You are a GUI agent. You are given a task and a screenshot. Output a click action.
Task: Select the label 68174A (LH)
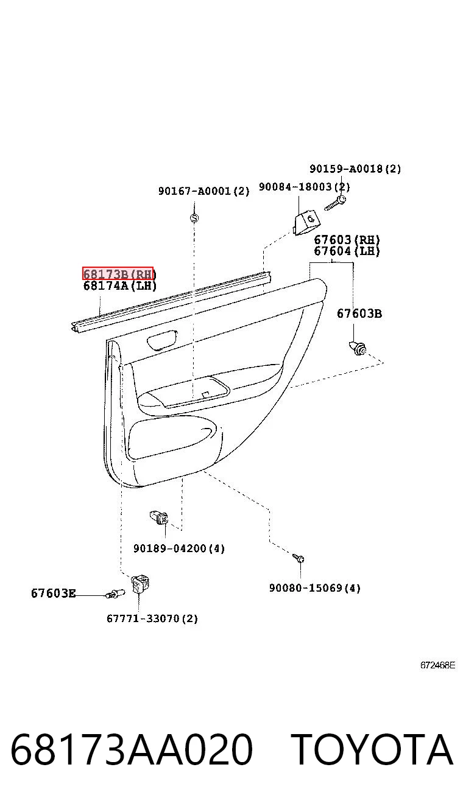(x=120, y=285)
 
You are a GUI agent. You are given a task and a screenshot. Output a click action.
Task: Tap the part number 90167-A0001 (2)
(x=204, y=191)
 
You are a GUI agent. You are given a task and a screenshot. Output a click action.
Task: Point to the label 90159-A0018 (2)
(x=355, y=169)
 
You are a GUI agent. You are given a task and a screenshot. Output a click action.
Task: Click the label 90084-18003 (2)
(x=305, y=187)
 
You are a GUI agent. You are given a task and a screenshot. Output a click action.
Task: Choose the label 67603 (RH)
(x=347, y=240)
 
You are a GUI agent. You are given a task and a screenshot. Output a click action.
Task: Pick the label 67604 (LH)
(x=347, y=251)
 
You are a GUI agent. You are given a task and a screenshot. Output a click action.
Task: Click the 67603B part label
(x=359, y=313)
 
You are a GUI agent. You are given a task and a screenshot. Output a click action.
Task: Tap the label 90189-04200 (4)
(x=179, y=548)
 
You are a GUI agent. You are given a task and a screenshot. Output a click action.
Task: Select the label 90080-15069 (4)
(x=315, y=587)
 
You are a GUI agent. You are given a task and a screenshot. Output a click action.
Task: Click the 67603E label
(x=54, y=593)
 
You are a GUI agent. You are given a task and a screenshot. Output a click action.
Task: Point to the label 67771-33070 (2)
(x=152, y=618)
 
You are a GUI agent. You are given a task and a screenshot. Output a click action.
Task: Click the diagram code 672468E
(x=437, y=665)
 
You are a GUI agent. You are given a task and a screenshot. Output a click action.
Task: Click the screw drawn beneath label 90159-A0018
(x=335, y=203)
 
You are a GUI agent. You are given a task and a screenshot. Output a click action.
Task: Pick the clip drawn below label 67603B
(x=358, y=348)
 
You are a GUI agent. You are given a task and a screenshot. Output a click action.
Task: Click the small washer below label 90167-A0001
(x=194, y=218)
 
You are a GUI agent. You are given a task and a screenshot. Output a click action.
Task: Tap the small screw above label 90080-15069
(x=299, y=558)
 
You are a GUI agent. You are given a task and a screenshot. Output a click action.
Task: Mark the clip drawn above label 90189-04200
(x=159, y=517)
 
